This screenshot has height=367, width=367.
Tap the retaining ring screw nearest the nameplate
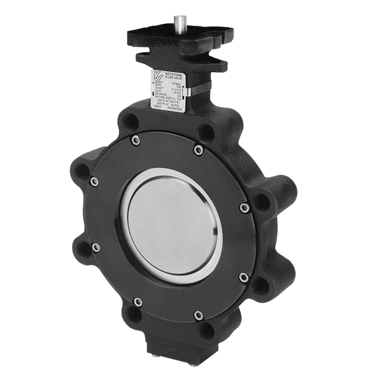pyautogui.click(x=198, y=151)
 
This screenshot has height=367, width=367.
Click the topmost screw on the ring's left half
pyautogui.click(x=135, y=140)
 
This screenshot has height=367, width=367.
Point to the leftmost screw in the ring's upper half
pyautogui.click(x=95, y=181)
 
